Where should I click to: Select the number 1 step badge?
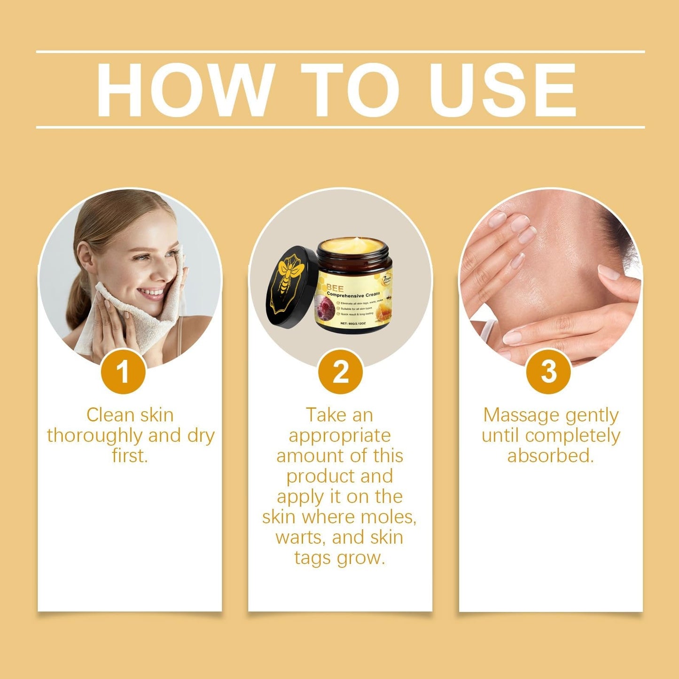tap(123, 372)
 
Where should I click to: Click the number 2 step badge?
tap(340, 372)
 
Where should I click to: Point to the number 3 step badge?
tap(548, 372)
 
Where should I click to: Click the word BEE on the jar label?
tap(335, 288)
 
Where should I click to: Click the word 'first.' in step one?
tap(130, 456)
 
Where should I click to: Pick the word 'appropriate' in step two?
tap(340, 436)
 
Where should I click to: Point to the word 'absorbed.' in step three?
tap(551, 456)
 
